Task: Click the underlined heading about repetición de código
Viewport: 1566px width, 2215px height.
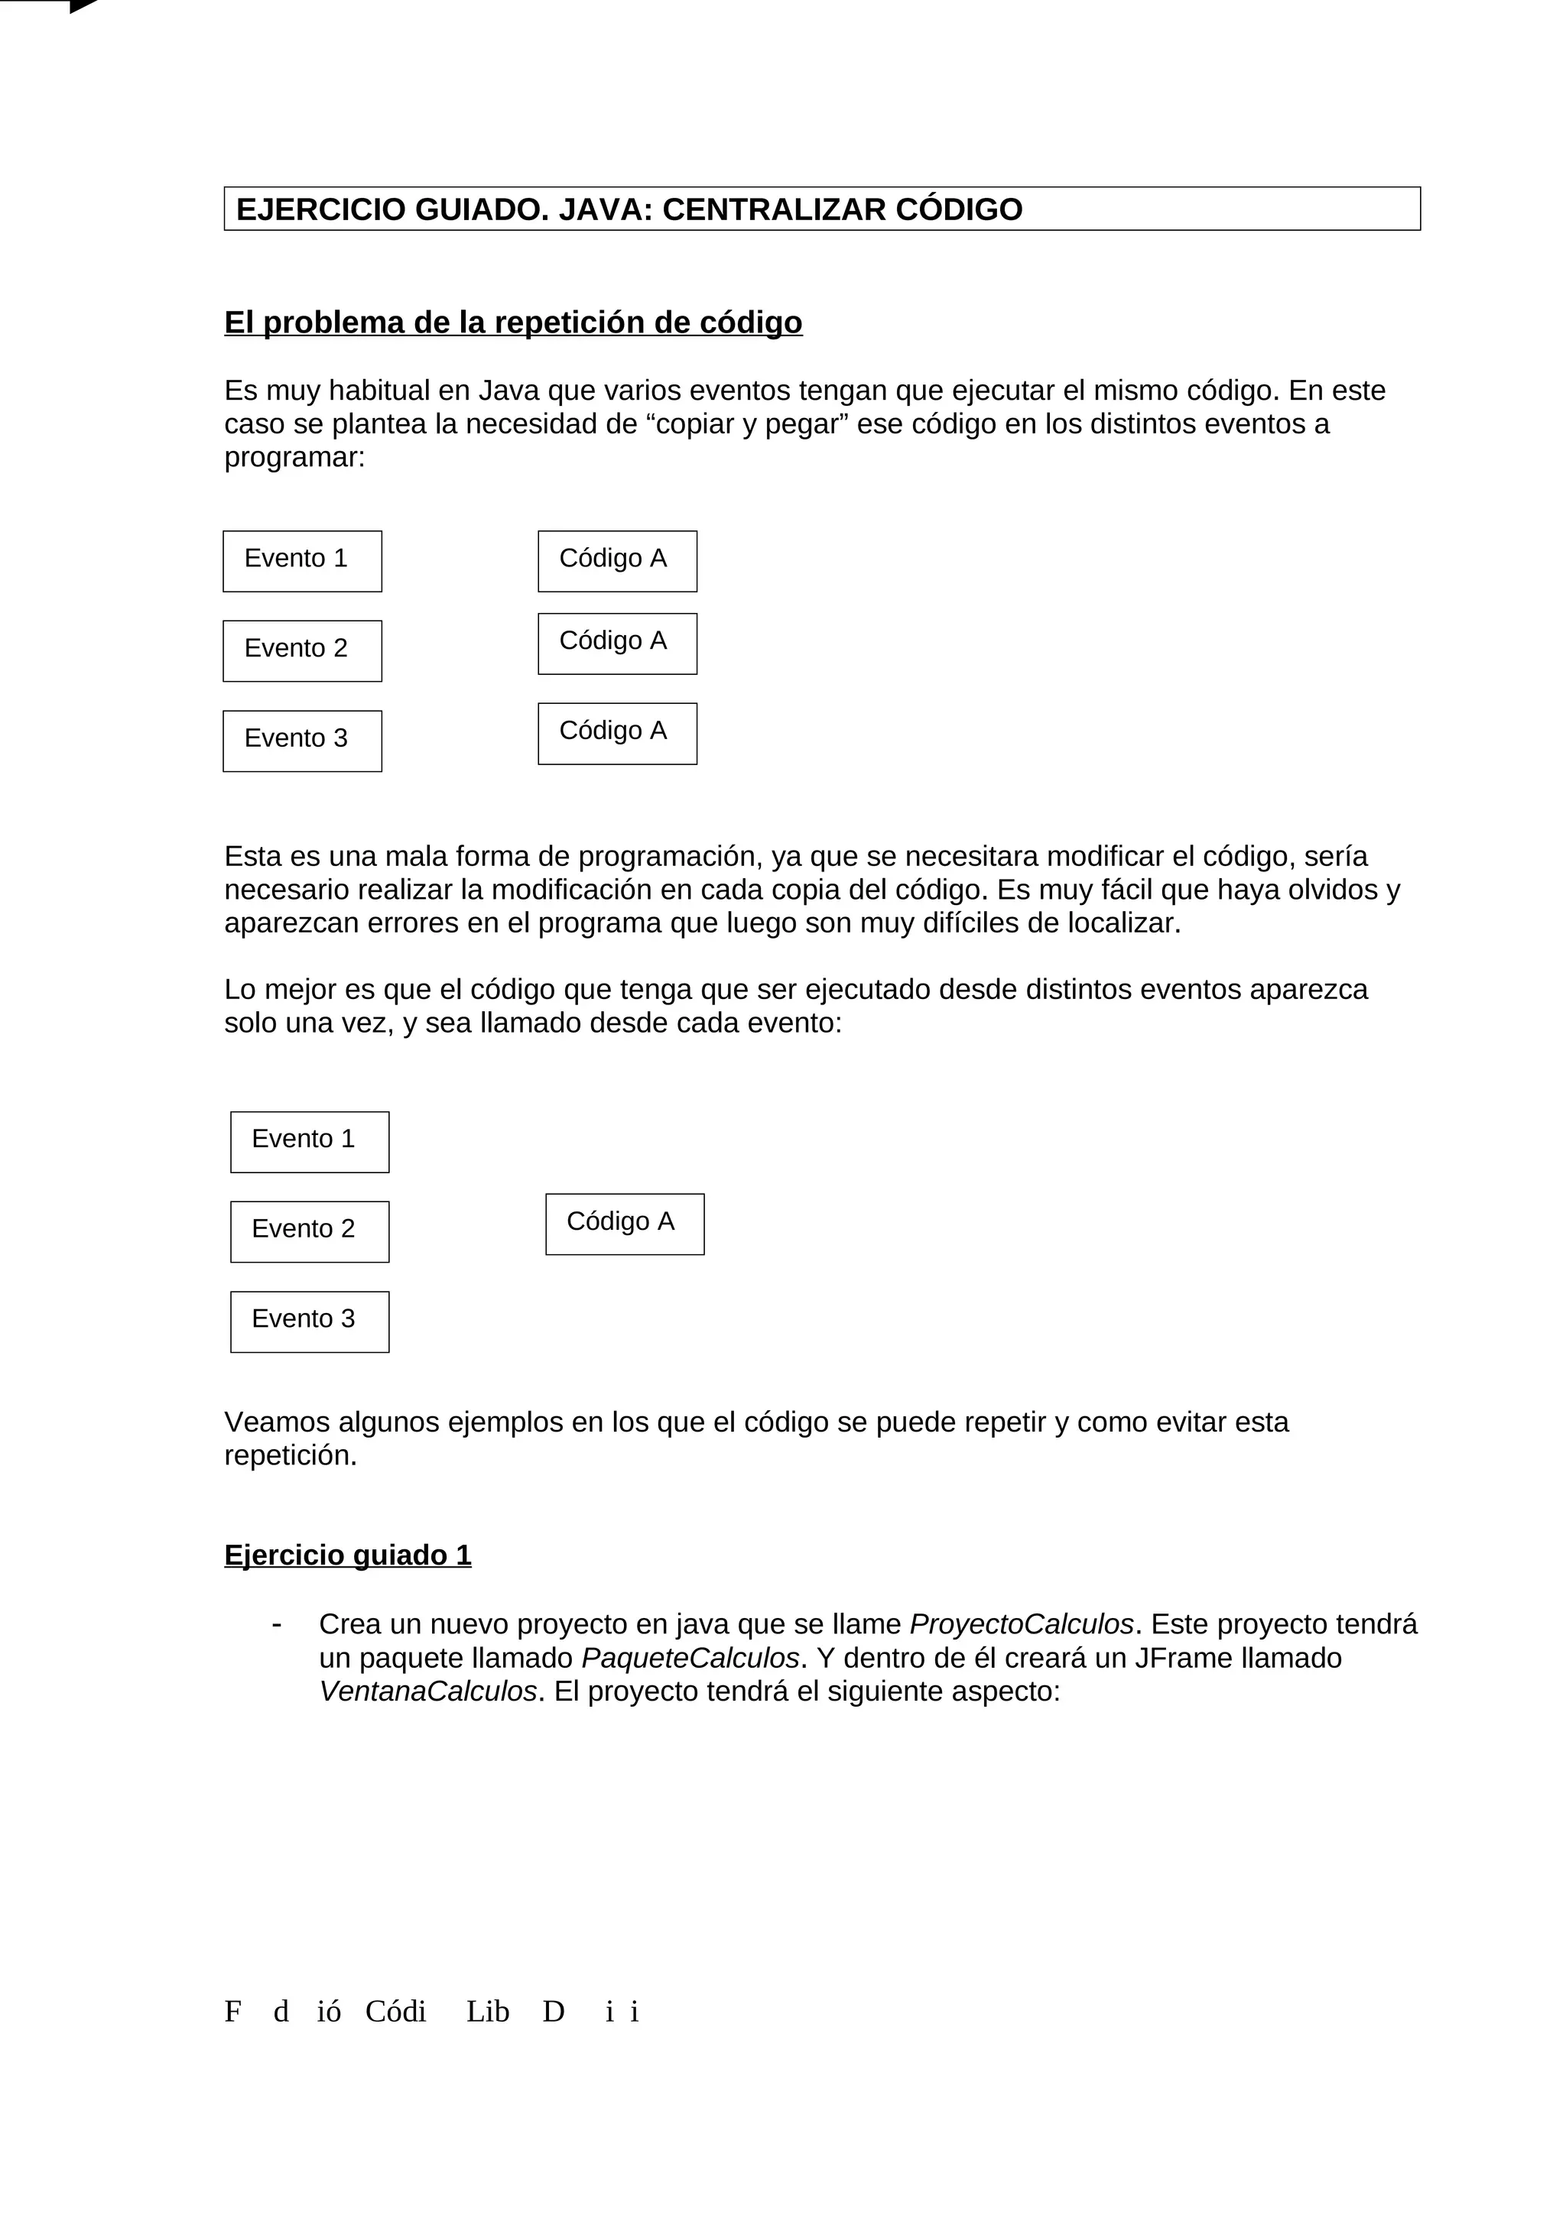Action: [512, 323]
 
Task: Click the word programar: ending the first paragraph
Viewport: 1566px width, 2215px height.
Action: [294, 457]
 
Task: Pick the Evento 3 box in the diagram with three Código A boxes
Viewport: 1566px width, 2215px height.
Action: [302, 741]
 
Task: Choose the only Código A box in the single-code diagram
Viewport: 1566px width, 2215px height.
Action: [624, 1224]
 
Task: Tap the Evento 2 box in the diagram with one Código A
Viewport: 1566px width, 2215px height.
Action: [309, 1231]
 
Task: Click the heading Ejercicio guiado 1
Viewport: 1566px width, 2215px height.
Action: [347, 1555]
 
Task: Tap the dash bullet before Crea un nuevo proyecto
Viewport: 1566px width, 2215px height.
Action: [277, 1625]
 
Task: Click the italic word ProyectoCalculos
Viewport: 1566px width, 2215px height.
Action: [1021, 1625]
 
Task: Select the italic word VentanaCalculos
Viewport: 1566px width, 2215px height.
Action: [427, 1691]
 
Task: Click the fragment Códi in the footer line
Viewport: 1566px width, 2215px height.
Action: [395, 2012]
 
